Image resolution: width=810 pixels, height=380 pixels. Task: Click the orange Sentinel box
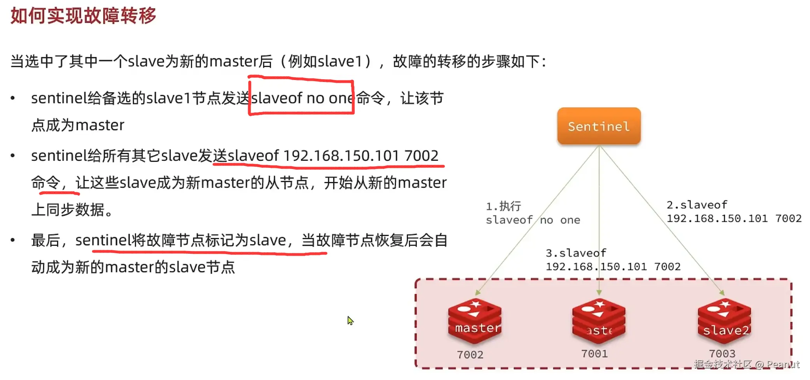598,126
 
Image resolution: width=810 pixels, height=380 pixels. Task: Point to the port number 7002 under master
470,354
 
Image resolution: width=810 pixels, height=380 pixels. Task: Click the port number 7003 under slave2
722,353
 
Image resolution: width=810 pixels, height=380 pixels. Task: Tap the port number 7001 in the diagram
594,353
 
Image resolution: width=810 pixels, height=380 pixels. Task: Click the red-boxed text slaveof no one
302,98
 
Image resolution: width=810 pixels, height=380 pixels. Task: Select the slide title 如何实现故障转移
83,16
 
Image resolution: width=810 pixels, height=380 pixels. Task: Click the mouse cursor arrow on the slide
350,320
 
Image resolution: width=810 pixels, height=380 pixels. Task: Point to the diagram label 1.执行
503,206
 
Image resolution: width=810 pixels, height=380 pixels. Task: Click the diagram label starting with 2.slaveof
696,205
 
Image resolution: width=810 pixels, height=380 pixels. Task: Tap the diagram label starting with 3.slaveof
576,253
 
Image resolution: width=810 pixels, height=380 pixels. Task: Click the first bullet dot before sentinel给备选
13,98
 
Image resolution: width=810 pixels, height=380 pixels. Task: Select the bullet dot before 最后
13,241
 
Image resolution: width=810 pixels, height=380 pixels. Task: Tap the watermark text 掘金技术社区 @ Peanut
746,364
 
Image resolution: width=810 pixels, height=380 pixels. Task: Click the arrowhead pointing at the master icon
477,293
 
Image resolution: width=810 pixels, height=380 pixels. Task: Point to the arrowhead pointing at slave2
722,293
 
